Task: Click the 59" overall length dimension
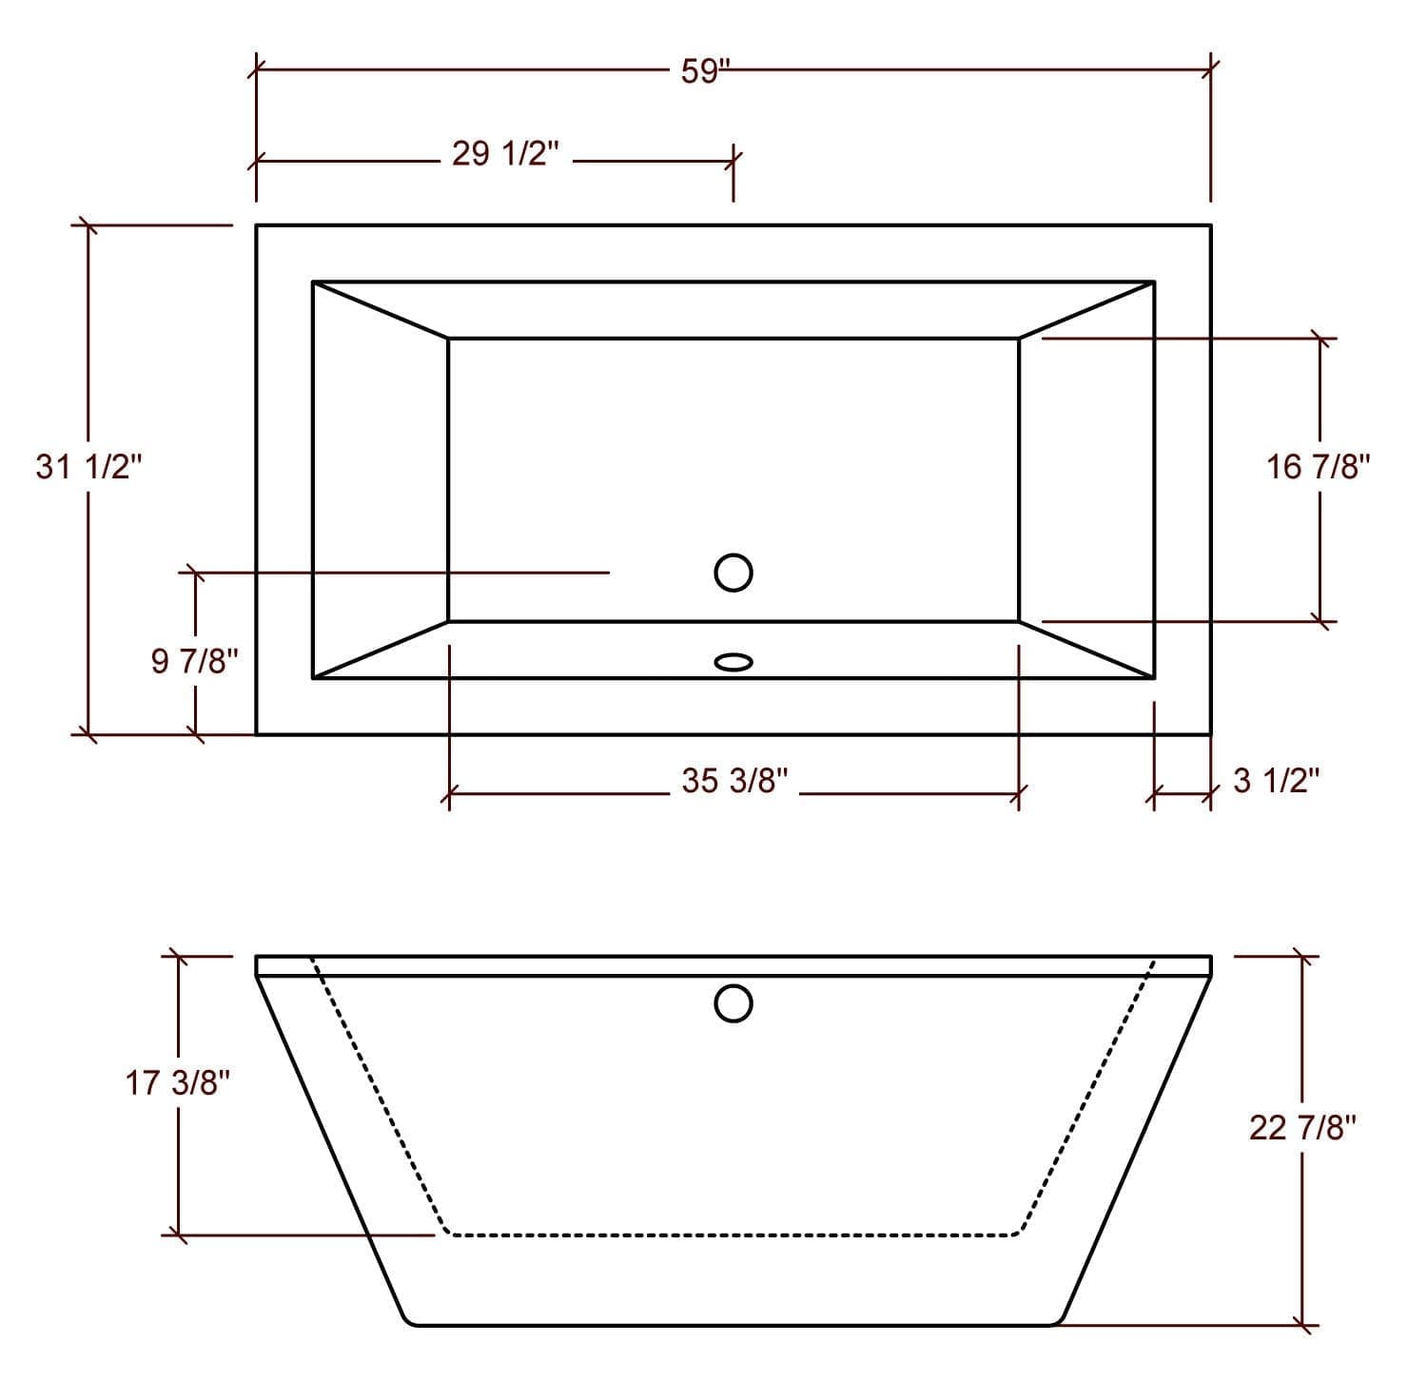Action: [x=705, y=72]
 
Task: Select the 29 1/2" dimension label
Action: [x=506, y=153]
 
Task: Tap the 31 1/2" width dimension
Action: [x=88, y=467]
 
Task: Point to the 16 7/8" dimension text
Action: [x=1319, y=467]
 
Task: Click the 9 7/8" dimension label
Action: [x=194, y=660]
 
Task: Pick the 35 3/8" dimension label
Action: [x=734, y=781]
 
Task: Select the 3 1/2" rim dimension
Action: [x=1277, y=781]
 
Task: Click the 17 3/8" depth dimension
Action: [x=178, y=1082]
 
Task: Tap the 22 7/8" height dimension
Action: [x=1302, y=1128]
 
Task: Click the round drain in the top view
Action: [x=733, y=573]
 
